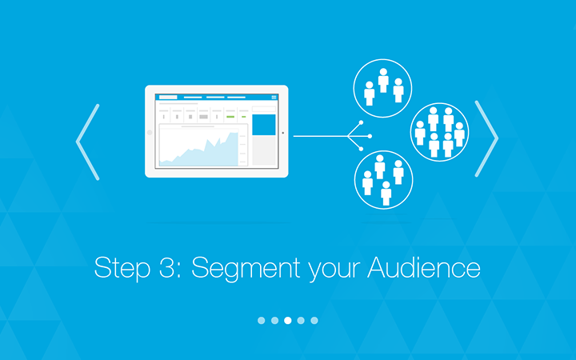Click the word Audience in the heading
pos(423,266)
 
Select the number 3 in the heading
pos(166,267)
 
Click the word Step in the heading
pos(122,269)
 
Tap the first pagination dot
pos(261,320)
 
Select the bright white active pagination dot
pos(288,320)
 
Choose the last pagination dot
pos(314,320)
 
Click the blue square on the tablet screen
pos(264,125)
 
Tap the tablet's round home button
pos(150,132)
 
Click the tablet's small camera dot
pos(282,133)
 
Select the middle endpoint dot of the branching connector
pos(370,136)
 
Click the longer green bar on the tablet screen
pos(230,117)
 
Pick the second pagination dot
pos(274,320)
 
